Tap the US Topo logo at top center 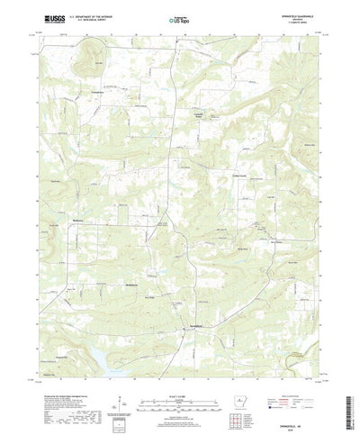[x=179, y=17]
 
